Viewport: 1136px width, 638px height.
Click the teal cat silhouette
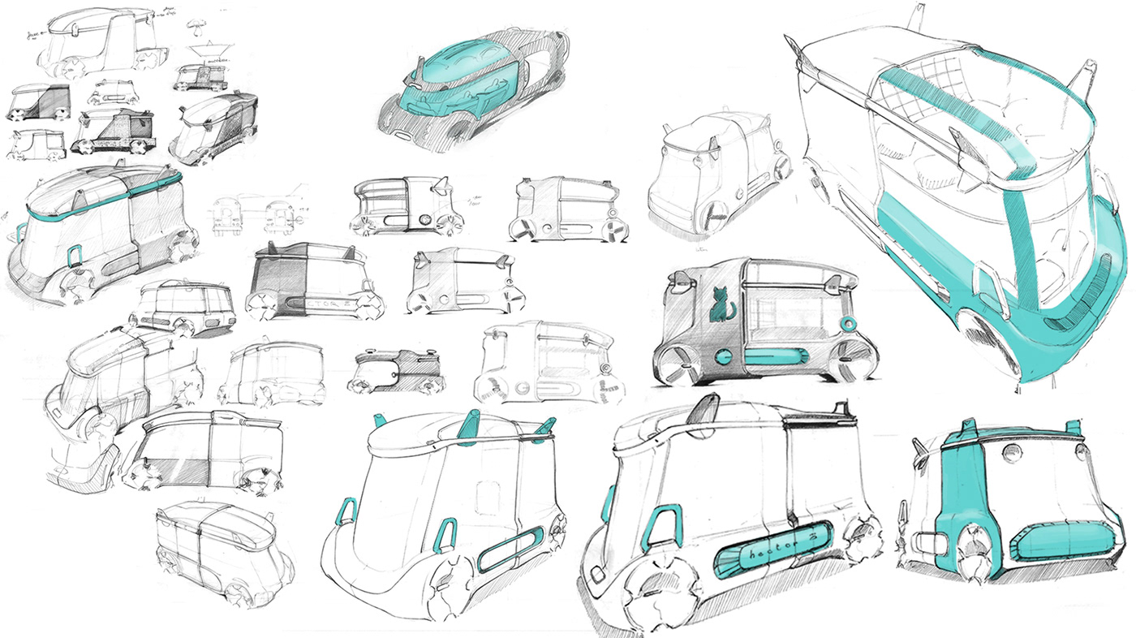point(716,305)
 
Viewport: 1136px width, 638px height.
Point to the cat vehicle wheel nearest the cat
point(674,364)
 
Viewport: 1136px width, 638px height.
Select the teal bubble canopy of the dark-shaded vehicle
point(461,78)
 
